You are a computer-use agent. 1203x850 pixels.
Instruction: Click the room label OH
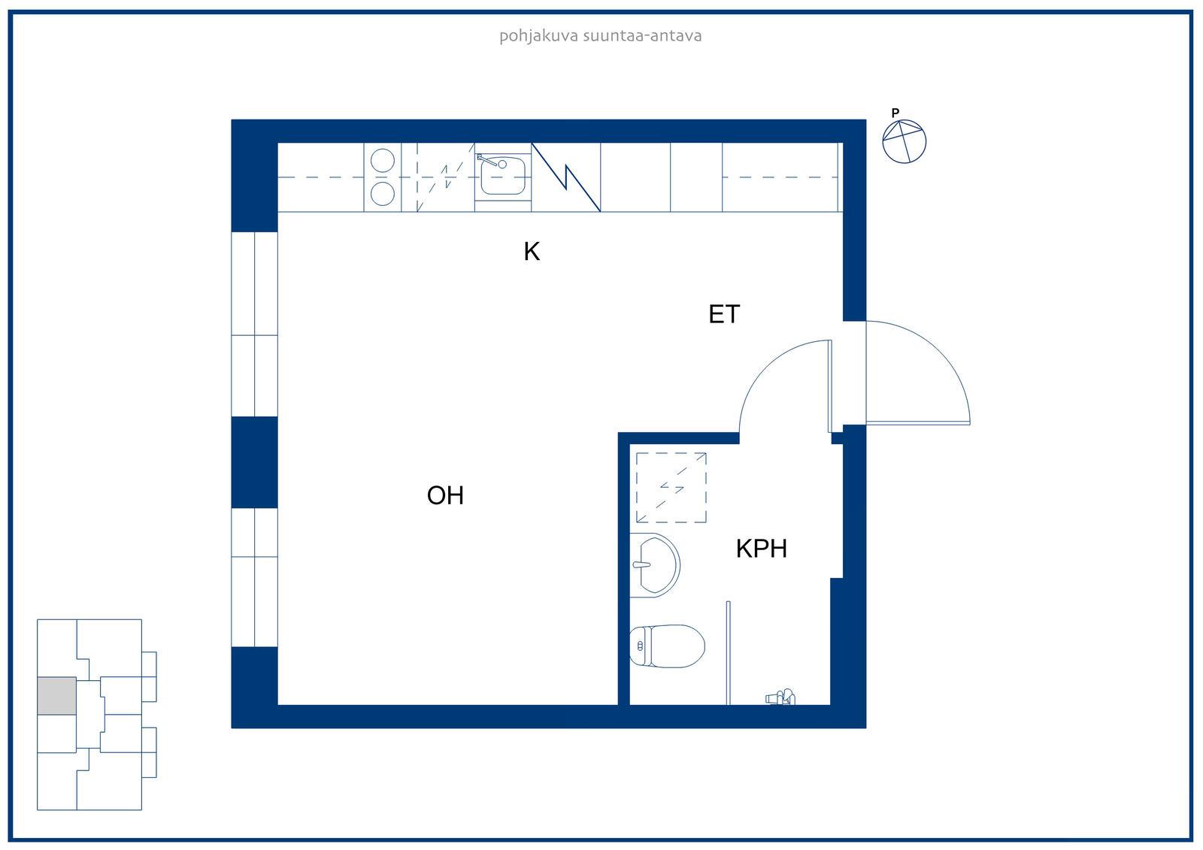click(x=445, y=495)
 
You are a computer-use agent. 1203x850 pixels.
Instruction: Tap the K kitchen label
click(x=532, y=251)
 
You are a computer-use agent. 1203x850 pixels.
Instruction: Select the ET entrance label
click(x=724, y=314)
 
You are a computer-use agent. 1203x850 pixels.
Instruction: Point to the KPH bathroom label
click(x=762, y=549)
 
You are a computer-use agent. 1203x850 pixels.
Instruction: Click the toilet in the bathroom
click(x=667, y=646)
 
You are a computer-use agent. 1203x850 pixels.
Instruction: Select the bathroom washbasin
click(x=655, y=565)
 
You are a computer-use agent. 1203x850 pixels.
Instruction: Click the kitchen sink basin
click(x=503, y=176)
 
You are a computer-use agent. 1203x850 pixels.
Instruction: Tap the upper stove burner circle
click(x=383, y=160)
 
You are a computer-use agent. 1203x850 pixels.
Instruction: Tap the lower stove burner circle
click(x=383, y=193)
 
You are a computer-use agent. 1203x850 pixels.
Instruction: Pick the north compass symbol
click(x=905, y=141)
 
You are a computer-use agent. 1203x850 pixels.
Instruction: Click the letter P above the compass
click(x=895, y=113)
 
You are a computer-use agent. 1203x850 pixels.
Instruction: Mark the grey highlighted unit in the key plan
click(x=56, y=696)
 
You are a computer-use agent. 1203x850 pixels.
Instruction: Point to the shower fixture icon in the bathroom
click(x=780, y=697)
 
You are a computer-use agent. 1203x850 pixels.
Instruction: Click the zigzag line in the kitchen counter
click(x=565, y=177)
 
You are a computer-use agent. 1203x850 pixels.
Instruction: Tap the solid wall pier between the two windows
click(x=255, y=462)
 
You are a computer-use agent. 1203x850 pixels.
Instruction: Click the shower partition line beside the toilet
click(x=729, y=653)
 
